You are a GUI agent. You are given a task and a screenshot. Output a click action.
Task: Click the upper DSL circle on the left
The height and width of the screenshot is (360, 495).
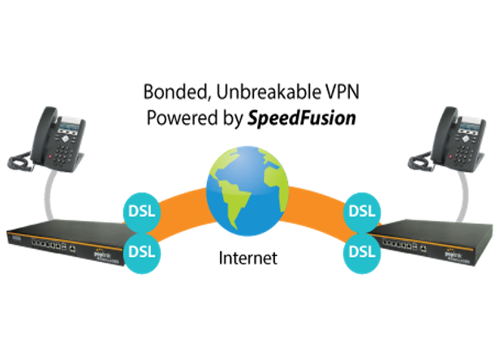click(144, 212)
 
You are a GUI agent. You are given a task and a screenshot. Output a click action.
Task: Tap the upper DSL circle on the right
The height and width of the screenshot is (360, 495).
click(361, 212)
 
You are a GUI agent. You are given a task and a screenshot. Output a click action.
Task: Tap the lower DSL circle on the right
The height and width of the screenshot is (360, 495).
click(361, 250)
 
